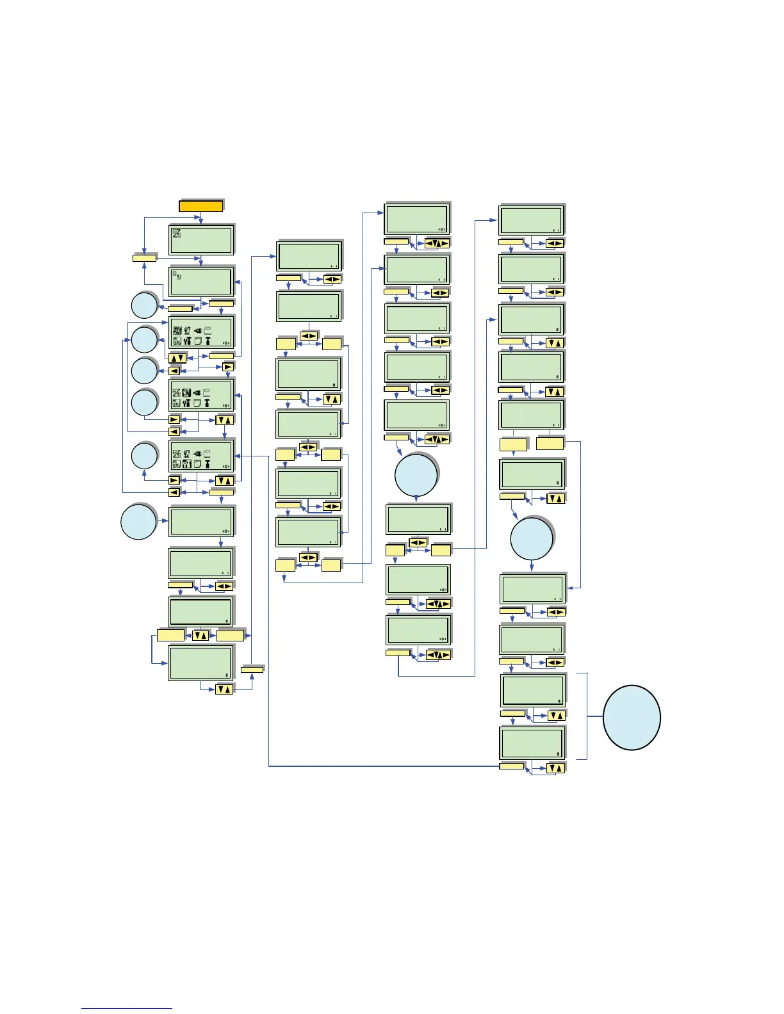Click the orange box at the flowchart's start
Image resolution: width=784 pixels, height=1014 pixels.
[x=201, y=206]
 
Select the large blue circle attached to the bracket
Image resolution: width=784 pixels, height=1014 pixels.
[x=632, y=717]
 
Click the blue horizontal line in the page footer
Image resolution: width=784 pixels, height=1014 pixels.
[x=127, y=1009]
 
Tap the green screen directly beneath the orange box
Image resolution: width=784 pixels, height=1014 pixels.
[x=201, y=239]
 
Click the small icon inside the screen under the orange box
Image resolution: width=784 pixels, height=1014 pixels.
[x=177, y=233]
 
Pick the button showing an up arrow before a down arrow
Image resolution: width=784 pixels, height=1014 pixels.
[x=177, y=358]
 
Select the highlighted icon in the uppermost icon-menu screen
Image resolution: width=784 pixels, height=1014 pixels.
[x=177, y=330]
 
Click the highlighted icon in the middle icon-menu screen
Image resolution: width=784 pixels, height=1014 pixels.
[x=186, y=393]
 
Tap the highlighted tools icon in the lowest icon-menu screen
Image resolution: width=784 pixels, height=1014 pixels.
[x=187, y=464]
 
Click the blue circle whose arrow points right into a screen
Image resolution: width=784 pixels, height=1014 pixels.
[x=138, y=522]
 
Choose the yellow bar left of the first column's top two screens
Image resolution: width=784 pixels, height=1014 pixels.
[x=144, y=257]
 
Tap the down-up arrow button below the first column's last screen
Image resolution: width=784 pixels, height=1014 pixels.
[x=224, y=689]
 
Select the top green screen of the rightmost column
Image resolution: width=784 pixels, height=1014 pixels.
[x=531, y=220]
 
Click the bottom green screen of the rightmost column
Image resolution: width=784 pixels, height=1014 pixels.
[x=532, y=743]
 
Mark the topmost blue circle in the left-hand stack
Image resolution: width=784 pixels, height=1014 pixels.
[x=144, y=305]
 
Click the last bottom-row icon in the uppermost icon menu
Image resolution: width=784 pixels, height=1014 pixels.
[x=208, y=341]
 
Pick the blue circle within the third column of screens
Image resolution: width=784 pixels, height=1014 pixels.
[x=416, y=476]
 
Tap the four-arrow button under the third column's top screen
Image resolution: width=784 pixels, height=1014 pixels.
[x=437, y=243]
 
